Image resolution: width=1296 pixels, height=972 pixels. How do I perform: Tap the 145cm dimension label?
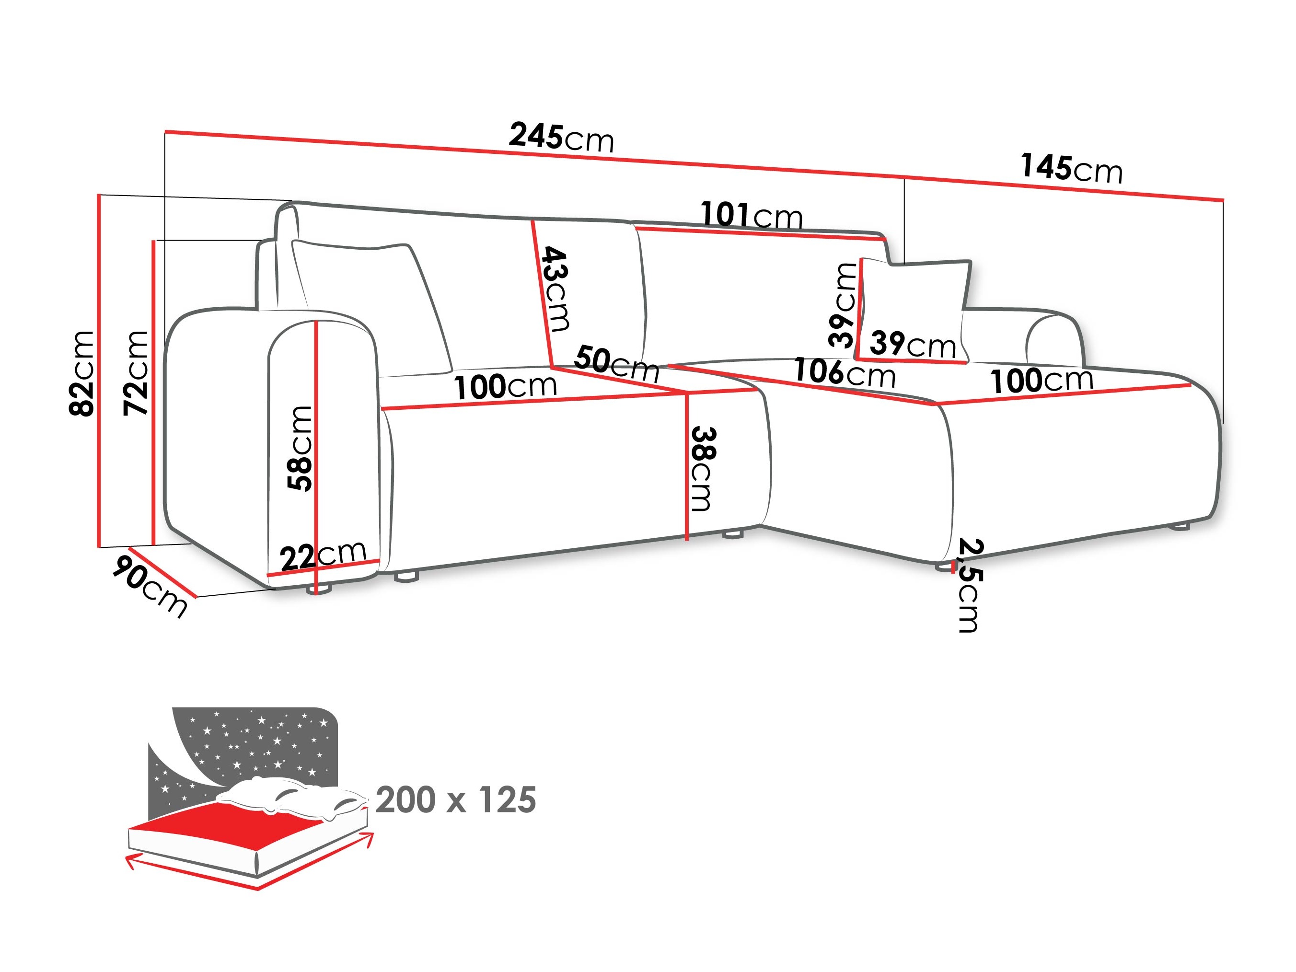click(x=1071, y=168)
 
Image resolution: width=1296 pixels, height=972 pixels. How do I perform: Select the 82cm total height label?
click(x=81, y=373)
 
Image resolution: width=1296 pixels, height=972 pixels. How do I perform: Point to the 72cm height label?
click(x=136, y=373)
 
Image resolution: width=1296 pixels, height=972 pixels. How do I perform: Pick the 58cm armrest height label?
click(x=300, y=448)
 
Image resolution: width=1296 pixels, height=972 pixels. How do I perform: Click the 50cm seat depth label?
click(x=616, y=363)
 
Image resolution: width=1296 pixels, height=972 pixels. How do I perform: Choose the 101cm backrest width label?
click(x=751, y=215)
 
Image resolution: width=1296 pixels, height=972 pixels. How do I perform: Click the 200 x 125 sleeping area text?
click(x=455, y=800)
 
